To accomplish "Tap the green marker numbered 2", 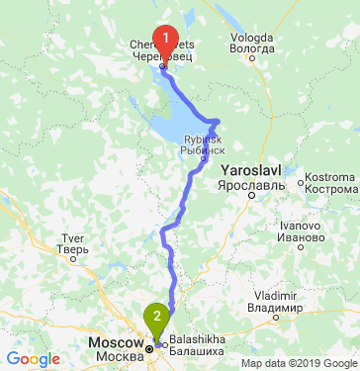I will click(156, 319).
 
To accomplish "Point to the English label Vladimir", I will click(275, 295).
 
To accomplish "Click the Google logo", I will click(33, 359).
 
